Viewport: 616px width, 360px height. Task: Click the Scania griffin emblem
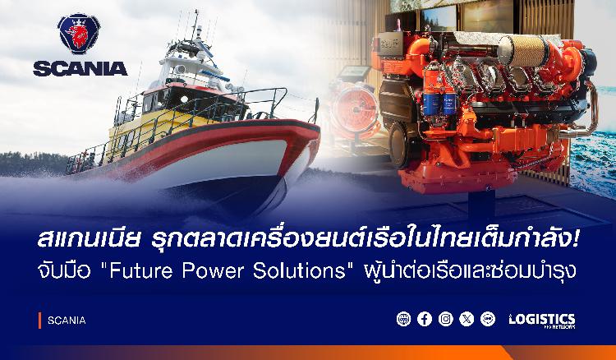[79, 34]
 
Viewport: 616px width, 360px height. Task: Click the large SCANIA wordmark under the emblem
[80, 69]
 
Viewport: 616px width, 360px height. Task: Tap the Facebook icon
[425, 319]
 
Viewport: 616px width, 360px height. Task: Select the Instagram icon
[445, 319]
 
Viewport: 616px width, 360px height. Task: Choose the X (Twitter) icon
[467, 319]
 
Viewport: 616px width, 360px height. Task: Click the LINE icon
[488, 319]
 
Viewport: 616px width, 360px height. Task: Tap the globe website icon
[403, 319]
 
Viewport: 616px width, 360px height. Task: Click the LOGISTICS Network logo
[542, 321]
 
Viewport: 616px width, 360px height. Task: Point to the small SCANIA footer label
[67, 321]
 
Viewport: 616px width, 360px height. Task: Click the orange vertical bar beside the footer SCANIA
[39, 321]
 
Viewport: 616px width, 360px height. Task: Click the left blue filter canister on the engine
[431, 103]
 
